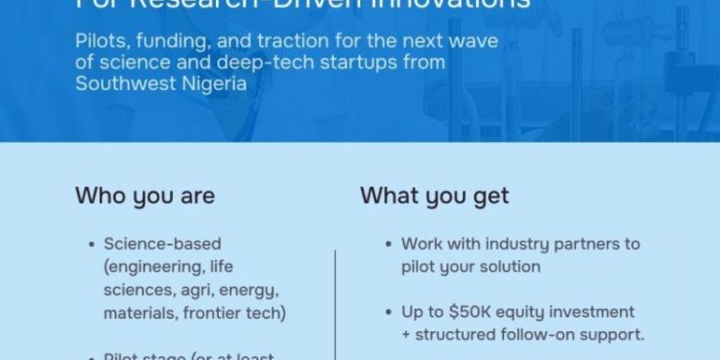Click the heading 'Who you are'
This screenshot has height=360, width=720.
click(145, 196)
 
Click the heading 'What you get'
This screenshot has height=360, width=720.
click(434, 196)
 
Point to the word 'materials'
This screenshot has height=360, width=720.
click(139, 313)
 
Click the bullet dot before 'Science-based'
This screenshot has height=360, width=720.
click(91, 245)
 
